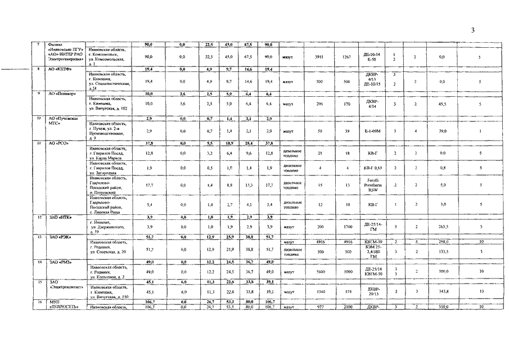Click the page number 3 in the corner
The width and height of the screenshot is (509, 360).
pos(473,30)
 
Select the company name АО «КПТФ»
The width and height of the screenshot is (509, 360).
pos(60,69)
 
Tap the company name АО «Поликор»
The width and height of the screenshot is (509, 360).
pos(61,93)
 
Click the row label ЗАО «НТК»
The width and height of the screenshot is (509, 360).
pos(61,217)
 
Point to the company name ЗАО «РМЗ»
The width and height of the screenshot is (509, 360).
pos(60,262)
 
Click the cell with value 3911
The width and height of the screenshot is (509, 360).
pos(319,57)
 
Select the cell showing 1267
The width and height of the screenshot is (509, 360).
pos(346,57)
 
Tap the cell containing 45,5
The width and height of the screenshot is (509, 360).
pos(442,104)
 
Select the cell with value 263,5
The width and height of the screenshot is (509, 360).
pos(442,227)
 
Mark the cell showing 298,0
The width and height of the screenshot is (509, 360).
pos(442,241)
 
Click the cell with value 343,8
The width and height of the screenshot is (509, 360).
pos(442,291)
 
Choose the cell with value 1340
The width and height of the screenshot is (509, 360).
pos(319,291)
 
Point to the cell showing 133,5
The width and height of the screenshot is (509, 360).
pos(442,251)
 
